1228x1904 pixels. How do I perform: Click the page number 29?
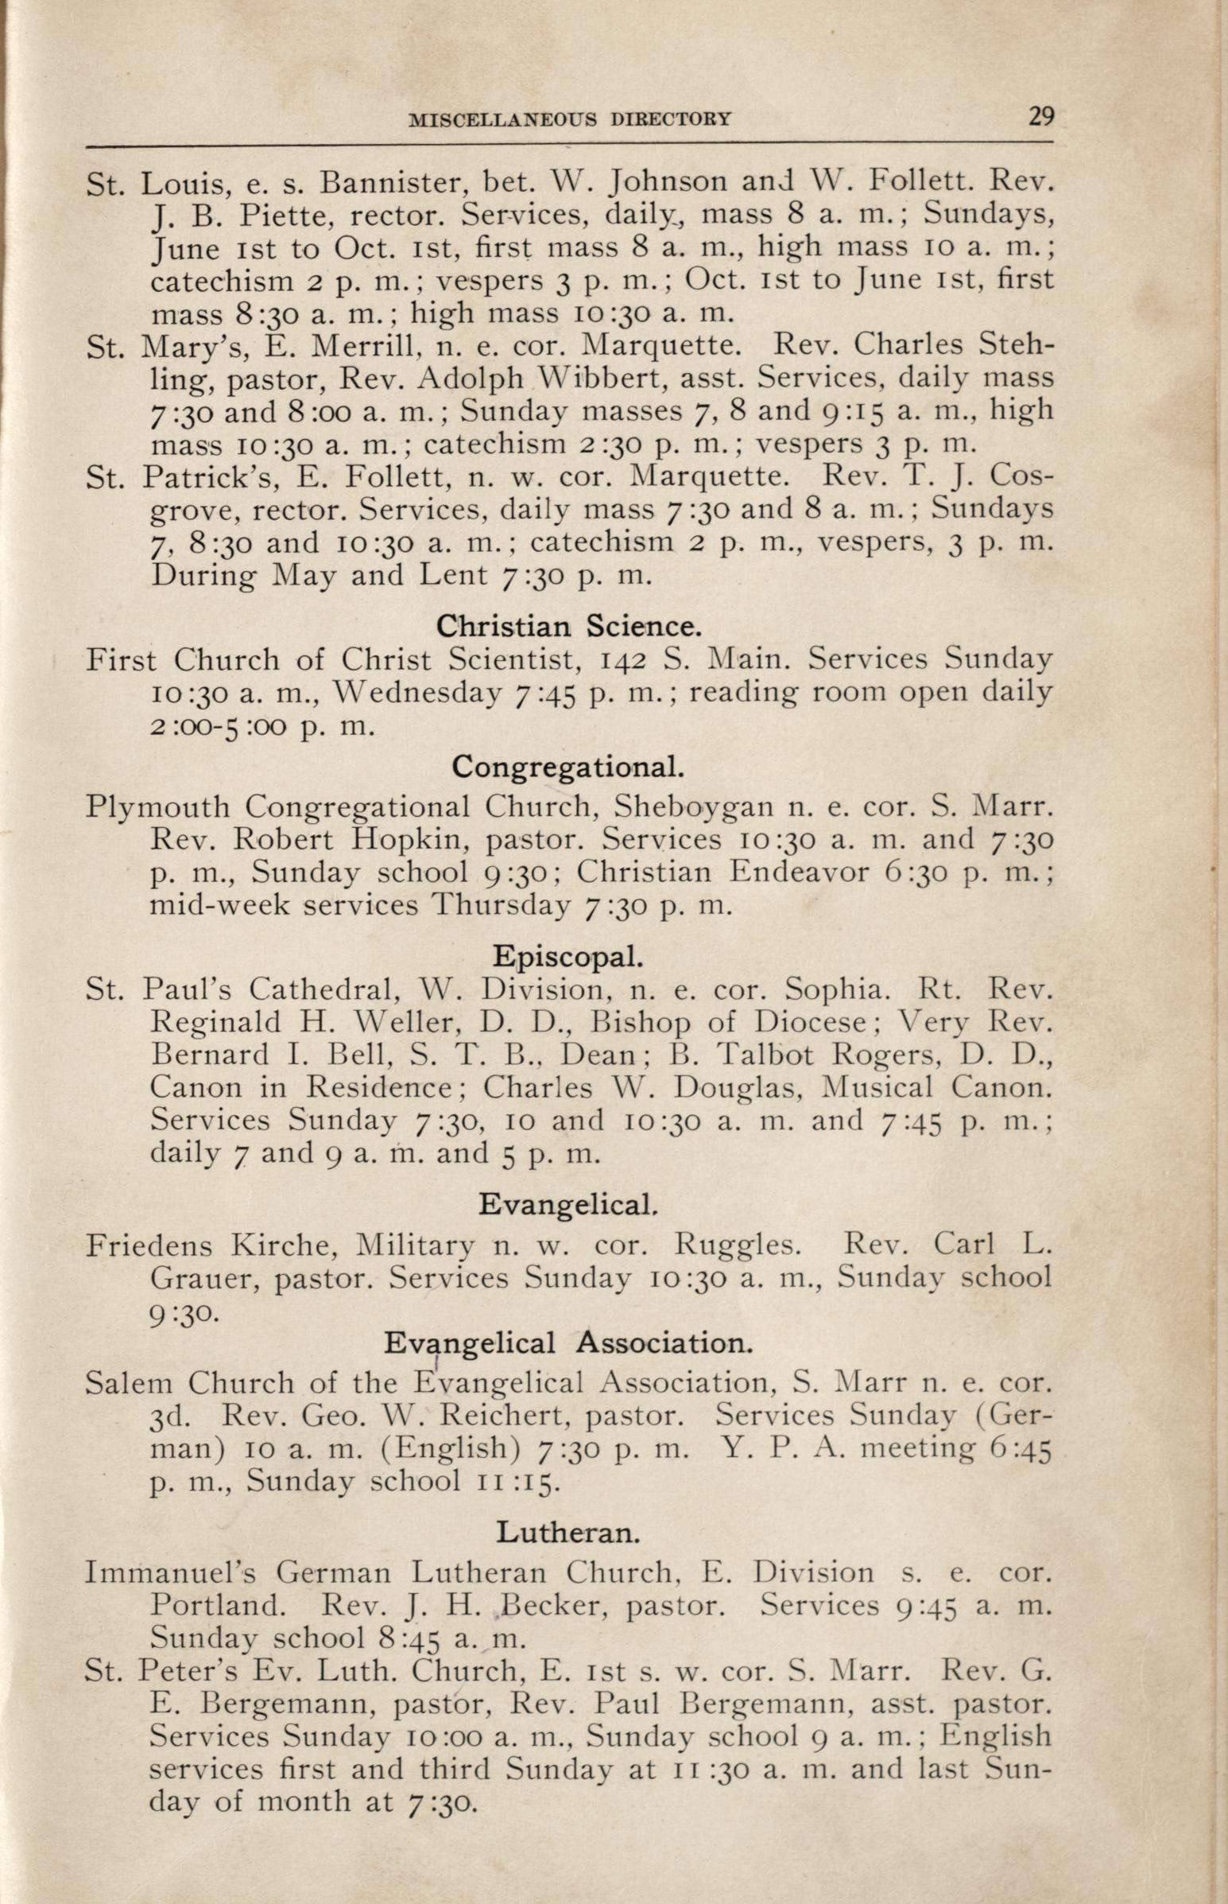(x=1040, y=117)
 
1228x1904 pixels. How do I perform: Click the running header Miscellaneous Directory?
(x=569, y=119)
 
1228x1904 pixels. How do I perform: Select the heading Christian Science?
(x=568, y=625)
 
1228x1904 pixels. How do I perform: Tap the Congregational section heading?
(x=568, y=767)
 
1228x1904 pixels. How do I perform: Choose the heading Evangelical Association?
(x=568, y=1343)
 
